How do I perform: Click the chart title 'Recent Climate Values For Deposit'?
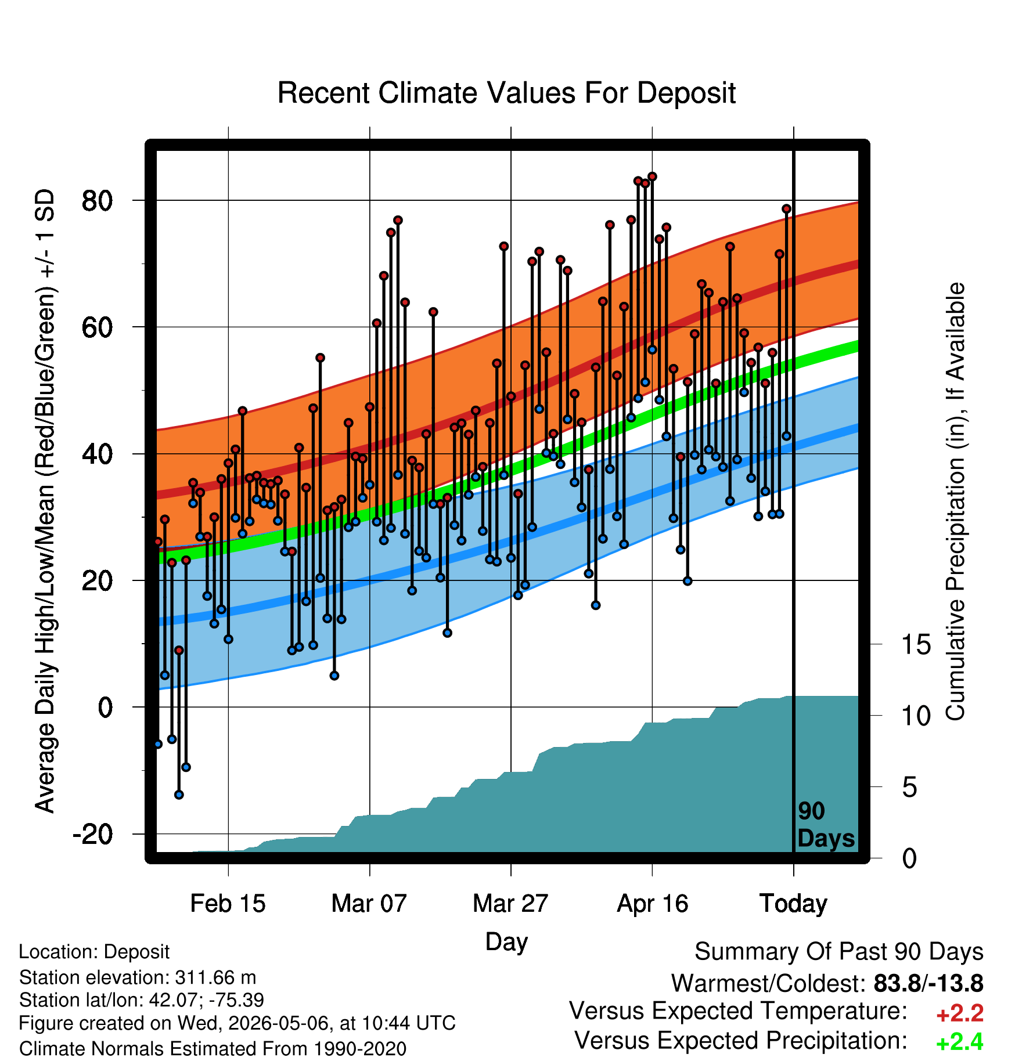(x=506, y=93)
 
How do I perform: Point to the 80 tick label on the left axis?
(x=98, y=201)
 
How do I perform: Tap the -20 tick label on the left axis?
(x=93, y=835)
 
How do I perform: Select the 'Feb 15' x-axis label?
(x=228, y=904)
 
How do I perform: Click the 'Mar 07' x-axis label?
(x=369, y=904)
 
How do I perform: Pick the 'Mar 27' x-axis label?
(x=510, y=904)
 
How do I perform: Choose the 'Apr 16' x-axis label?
(x=652, y=904)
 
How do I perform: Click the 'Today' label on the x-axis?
(x=793, y=904)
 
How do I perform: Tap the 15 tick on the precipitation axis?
(x=916, y=644)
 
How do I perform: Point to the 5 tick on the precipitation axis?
(x=909, y=787)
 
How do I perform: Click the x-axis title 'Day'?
(x=506, y=942)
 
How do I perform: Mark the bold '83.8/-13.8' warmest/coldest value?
(x=928, y=983)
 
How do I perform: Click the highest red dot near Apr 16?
(x=652, y=176)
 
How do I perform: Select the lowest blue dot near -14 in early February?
(x=179, y=795)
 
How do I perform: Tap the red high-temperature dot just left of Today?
(x=786, y=209)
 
